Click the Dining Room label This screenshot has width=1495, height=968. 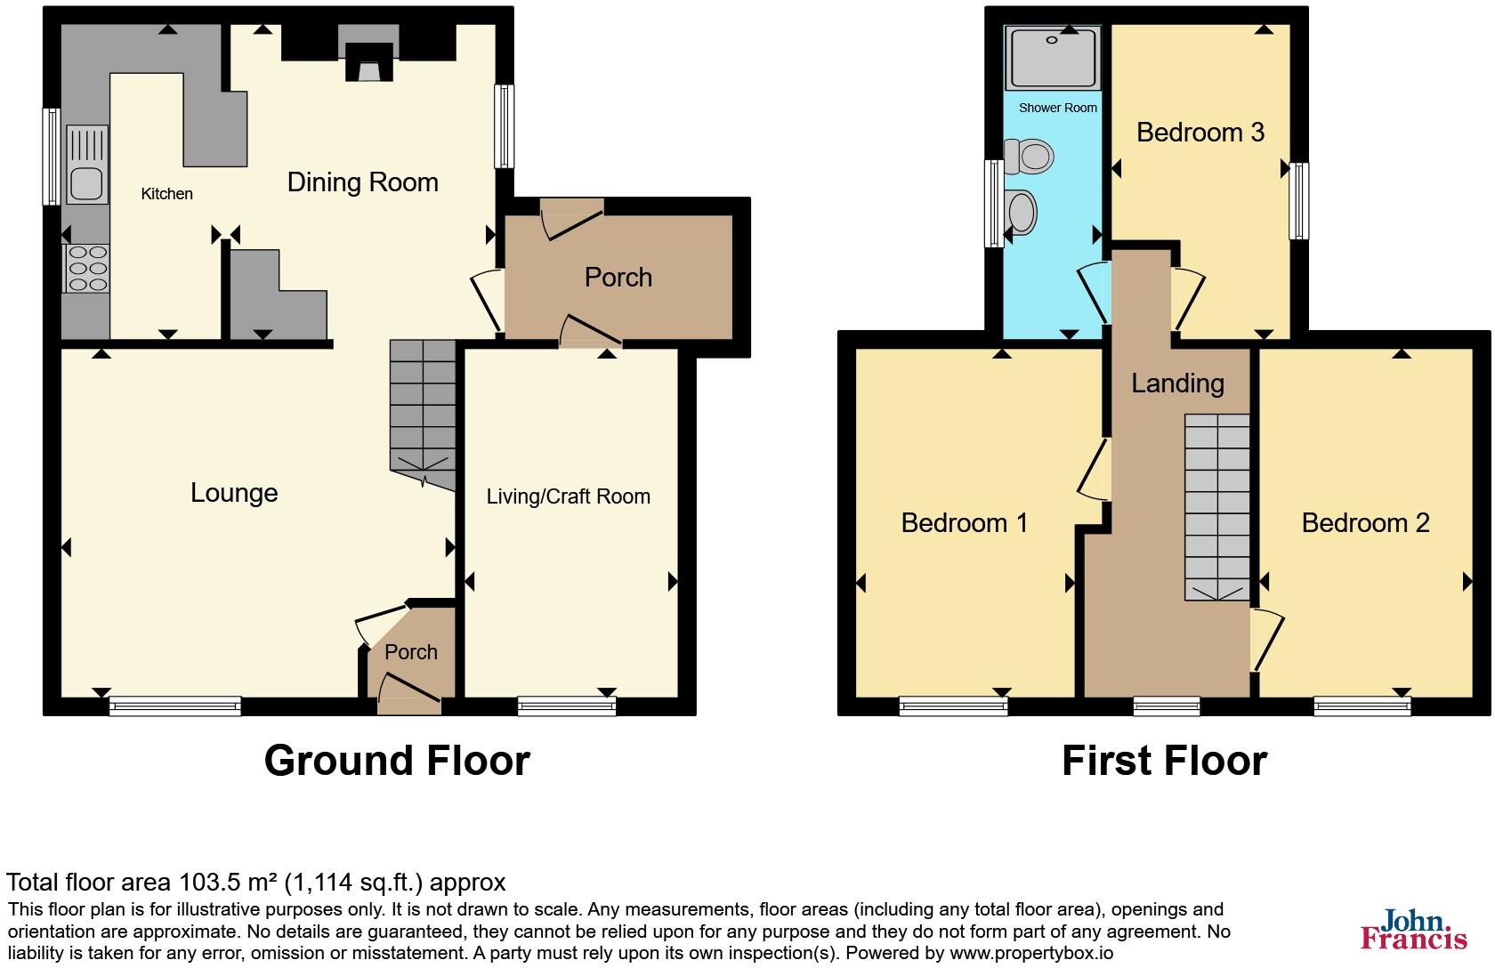pos(362,182)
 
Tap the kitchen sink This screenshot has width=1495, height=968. pos(87,164)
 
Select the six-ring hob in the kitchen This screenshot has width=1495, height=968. pos(87,269)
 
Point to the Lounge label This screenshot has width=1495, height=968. pos(234,493)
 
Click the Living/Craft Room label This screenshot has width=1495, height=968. pos(568,497)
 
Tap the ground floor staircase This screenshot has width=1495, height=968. pos(423,415)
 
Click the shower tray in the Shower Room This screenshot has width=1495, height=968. pos(1053,58)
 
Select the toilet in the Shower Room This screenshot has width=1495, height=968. pos(1029,156)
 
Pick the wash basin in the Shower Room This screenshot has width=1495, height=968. pos(1022,212)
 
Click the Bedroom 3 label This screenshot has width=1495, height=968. pos(1200,132)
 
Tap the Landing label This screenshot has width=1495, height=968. pos(1177,383)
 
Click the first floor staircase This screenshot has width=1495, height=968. pos(1216,507)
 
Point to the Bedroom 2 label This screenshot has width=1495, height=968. pos(1365,522)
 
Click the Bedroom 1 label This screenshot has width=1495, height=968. pos(965,522)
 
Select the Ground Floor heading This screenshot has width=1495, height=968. pos(397,761)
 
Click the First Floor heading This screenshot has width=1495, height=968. pos(1164,761)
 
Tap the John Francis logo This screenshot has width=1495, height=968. pos(1413,930)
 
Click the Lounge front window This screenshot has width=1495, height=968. pos(174,706)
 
